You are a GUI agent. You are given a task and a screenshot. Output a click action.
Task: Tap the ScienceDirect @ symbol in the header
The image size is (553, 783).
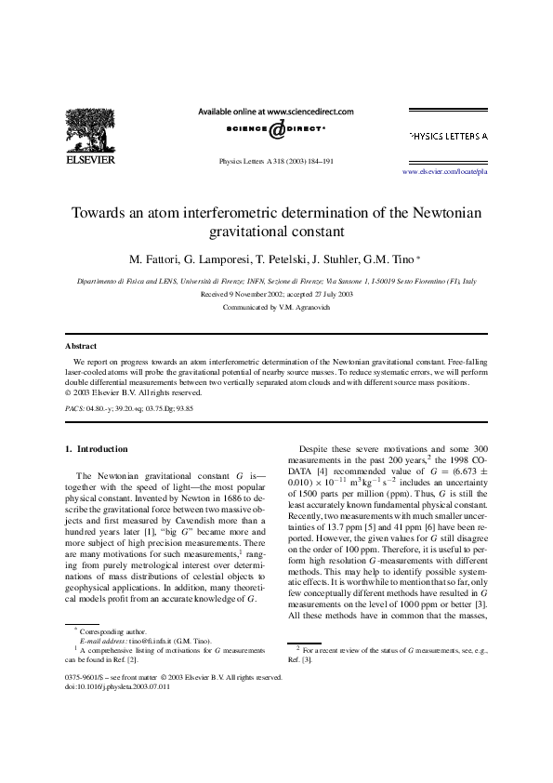coord(276,128)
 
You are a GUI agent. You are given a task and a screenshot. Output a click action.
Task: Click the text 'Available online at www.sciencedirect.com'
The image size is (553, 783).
coord(276,111)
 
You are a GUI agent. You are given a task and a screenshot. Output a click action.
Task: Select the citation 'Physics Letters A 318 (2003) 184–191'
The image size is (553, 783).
coord(276,160)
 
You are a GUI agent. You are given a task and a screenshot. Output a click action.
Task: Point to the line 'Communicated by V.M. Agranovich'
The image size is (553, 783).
coord(276,306)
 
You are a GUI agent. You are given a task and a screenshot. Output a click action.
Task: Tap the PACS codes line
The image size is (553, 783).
coord(129,407)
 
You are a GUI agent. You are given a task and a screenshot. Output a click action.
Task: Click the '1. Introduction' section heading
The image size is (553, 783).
coord(97,448)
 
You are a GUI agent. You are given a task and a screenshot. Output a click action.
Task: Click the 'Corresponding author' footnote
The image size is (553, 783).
coord(113,657)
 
